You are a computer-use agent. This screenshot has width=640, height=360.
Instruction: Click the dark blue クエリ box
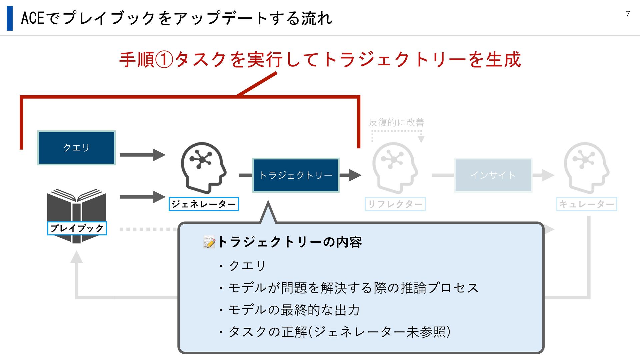(x=76, y=148)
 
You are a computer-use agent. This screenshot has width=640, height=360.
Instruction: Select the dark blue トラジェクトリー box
(x=296, y=175)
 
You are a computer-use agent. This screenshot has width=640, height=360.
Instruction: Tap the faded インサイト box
(x=493, y=175)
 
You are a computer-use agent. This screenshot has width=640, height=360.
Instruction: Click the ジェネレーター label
(x=204, y=204)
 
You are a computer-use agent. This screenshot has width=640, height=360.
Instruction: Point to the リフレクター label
(x=395, y=204)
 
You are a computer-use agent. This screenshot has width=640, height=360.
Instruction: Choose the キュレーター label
(x=586, y=204)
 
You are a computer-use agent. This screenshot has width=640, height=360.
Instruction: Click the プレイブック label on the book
(x=77, y=228)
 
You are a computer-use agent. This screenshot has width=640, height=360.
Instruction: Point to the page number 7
(x=627, y=14)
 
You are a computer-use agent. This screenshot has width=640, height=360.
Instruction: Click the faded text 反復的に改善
(x=396, y=123)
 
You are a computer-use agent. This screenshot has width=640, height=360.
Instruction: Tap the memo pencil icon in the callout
(x=209, y=242)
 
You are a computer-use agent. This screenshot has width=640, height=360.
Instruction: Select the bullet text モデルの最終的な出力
(x=294, y=310)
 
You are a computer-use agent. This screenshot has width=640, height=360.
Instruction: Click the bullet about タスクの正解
(x=339, y=332)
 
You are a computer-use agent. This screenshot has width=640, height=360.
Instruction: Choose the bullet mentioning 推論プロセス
(x=353, y=288)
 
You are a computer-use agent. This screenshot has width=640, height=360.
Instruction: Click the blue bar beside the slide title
(x=10, y=18)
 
